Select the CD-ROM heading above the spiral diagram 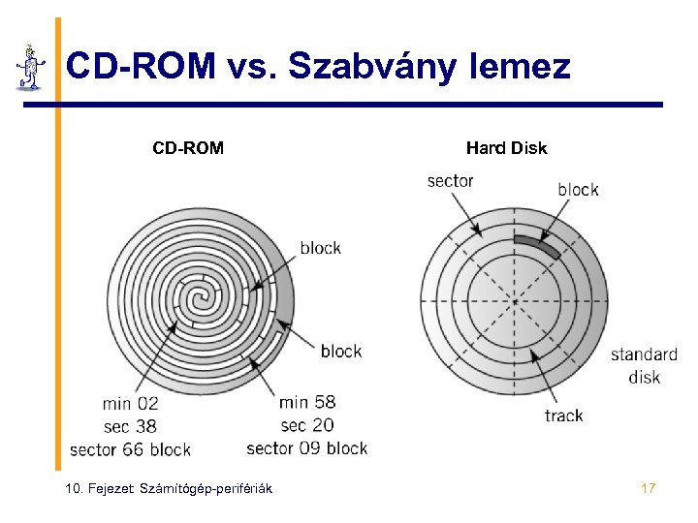[188, 148]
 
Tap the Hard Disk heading [506, 148]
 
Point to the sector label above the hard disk [450, 181]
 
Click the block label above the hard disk [578, 190]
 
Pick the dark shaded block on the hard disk [536, 243]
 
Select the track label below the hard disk [563, 415]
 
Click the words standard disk [644, 365]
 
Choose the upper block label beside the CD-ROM [320, 248]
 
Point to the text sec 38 [130, 426]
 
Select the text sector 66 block [130, 449]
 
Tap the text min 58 [307, 402]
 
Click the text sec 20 [307, 425]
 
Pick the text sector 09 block [307, 448]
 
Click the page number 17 [649, 488]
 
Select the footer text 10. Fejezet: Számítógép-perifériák [168, 488]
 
